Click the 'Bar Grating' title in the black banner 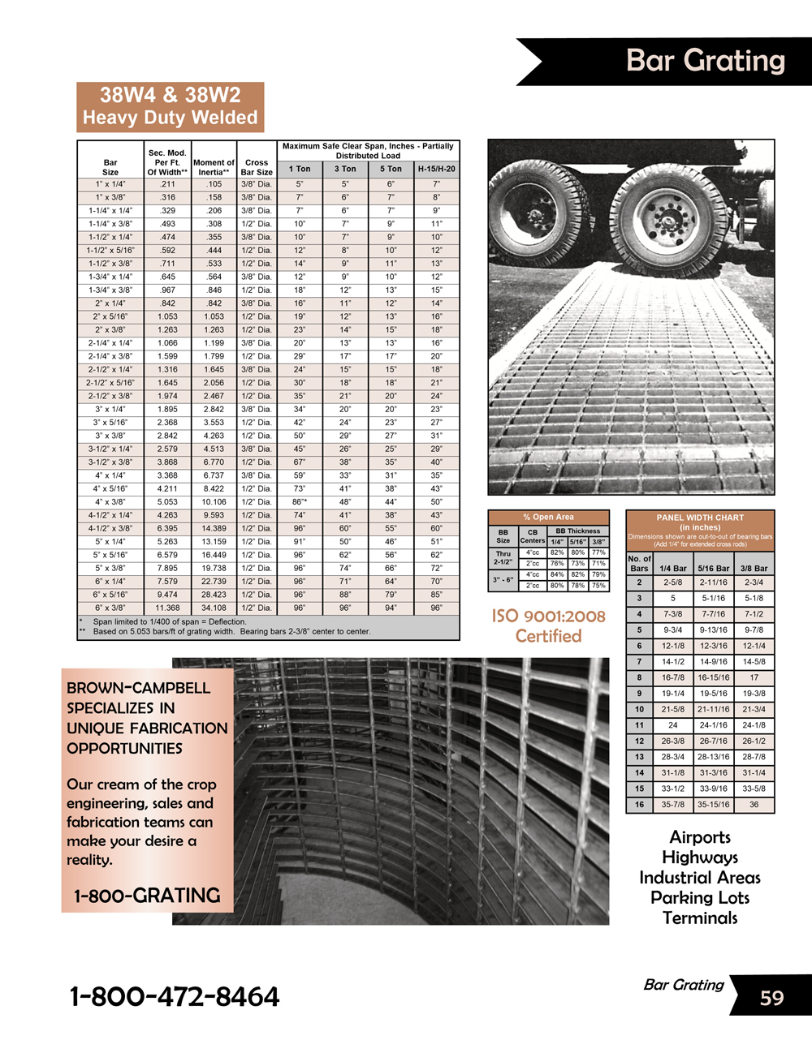(705, 61)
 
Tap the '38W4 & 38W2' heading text (170, 95)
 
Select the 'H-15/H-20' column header (436, 169)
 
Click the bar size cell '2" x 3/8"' (110, 329)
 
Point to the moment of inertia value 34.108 (214, 608)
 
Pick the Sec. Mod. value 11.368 (167, 608)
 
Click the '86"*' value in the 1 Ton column (300, 501)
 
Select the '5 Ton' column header (391, 169)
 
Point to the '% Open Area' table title (548, 517)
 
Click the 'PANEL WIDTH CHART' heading (700, 517)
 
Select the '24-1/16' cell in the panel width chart (713, 725)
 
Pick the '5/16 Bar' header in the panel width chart (713, 569)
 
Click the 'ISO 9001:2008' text (548, 616)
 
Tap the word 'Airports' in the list (700, 837)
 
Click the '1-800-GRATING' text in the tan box (147, 896)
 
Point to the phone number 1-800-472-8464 (175, 996)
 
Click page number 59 (771, 997)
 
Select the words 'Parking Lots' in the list (700, 898)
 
